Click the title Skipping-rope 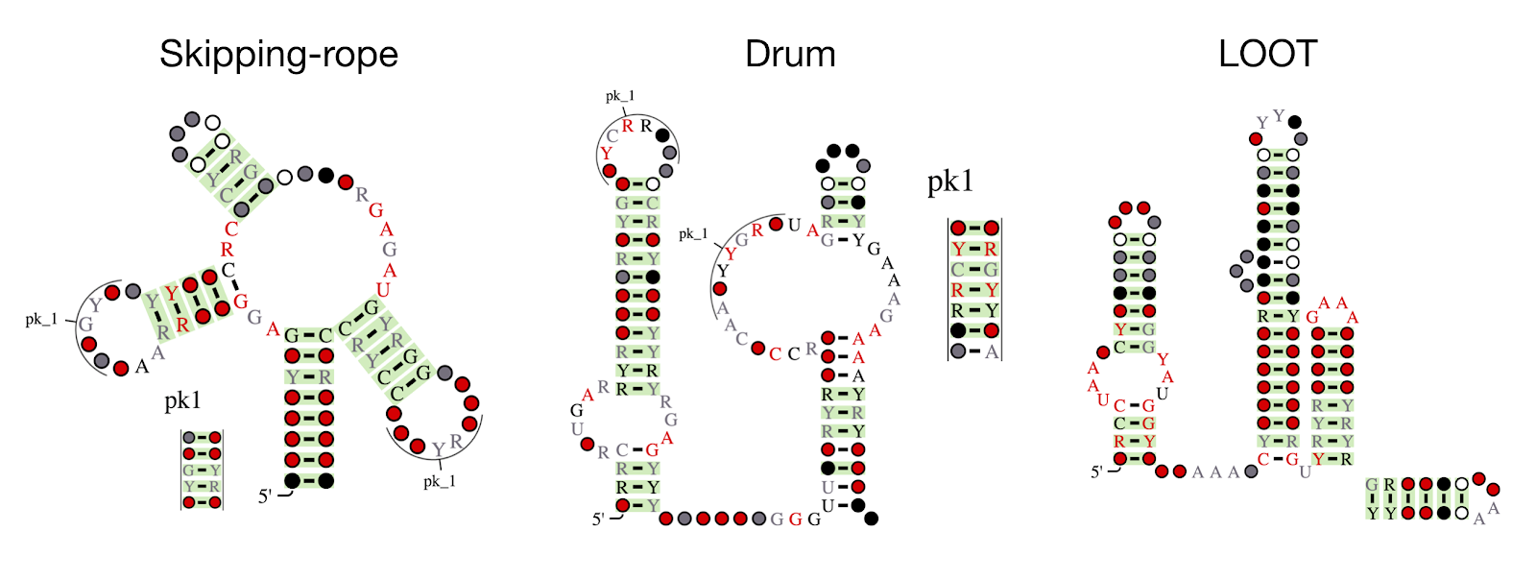(278, 55)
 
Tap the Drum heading (790, 55)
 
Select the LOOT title (1267, 55)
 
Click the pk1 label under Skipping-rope (182, 400)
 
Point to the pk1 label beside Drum (950, 181)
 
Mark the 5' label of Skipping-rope (265, 496)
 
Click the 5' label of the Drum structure (598, 520)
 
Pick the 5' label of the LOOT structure (1096, 471)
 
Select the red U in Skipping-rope (383, 290)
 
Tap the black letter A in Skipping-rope (142, 366)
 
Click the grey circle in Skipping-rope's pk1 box (189, 438)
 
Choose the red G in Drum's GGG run (795, 520)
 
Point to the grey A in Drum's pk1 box (992, 352)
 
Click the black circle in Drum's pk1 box (958, 331)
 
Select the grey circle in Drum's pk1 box (958, 352)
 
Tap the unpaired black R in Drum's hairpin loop (646, 126)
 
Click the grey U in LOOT (1305, 471)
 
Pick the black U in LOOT (1162, 394)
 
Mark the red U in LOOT (1103, 400)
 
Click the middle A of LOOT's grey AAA (1215, 471)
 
